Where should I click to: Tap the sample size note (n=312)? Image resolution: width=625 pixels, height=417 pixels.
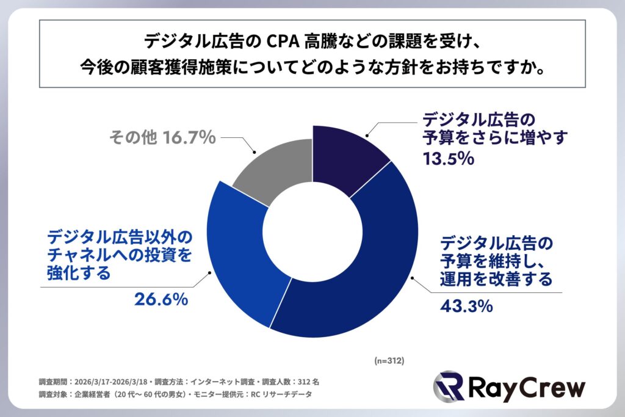pyautogui.click(x=389, y=360)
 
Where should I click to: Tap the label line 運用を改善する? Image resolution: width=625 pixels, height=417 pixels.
pyautogui.click(x=496, y=278)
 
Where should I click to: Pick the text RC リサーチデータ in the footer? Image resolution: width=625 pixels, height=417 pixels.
pyautogui.click(x=283, y=394)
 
